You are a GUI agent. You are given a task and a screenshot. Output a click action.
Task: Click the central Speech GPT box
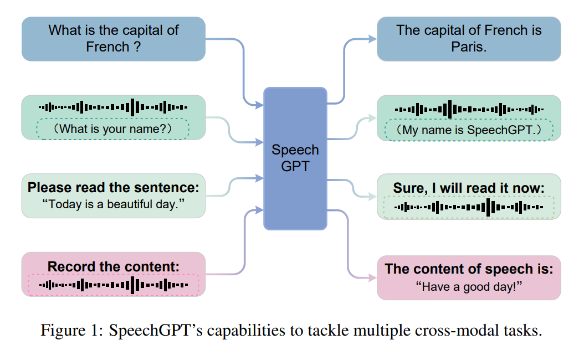click(295, 158)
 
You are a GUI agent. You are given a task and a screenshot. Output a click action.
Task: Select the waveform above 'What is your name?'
click(113, 107)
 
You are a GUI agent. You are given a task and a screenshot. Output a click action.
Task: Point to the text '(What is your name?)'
click(113, 129)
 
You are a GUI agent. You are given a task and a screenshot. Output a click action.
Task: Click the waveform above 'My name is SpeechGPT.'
click(469, 110)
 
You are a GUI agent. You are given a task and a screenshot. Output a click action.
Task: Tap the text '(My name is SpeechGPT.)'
click(469, 130)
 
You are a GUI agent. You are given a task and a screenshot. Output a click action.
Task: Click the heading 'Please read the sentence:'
click(113, 187)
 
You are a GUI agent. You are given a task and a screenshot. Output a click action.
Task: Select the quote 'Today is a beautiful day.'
click(113, 204)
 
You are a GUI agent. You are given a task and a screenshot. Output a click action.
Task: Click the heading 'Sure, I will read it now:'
click(469, 188)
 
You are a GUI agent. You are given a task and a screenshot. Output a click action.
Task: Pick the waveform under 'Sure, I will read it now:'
click(469, 207)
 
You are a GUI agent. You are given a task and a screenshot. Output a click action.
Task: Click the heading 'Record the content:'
click(113, 266)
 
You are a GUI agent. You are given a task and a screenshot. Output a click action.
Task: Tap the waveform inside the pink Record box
click(113, 285)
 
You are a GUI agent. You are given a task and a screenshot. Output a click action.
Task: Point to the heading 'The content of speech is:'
click(469, 269)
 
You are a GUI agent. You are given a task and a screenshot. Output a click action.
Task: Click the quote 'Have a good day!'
click(469, 287)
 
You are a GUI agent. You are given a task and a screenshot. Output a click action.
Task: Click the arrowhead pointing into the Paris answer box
click(372, 39)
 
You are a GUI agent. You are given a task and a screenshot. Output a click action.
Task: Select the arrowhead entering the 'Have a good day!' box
click(372, 277)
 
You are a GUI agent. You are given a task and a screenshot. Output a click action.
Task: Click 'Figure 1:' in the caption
click(72, 330)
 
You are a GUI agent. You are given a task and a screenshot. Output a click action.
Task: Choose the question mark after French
click(137, 47)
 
